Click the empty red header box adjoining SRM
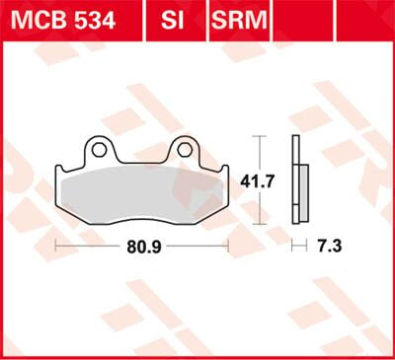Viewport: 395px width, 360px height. point(302,18)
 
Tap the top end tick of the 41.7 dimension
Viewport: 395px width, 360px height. point(259,135)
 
